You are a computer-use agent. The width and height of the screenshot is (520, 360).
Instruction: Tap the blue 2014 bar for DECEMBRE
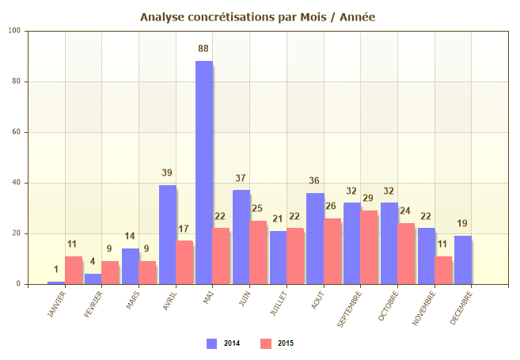tap(462, 260)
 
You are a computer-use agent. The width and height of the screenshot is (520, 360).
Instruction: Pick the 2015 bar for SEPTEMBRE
tap(368, 247)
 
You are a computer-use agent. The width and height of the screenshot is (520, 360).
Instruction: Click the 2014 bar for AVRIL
tap(167, 234)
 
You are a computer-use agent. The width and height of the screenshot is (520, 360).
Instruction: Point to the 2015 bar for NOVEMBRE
tap(443, 270)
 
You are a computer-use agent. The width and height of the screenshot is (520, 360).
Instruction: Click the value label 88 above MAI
tap(204, 49)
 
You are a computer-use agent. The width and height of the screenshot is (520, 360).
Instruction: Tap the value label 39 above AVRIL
tap(167, 173)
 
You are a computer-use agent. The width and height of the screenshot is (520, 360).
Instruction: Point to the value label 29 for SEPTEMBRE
tap(369, 199)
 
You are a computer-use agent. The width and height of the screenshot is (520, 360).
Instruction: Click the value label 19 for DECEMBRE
tap(462, 224)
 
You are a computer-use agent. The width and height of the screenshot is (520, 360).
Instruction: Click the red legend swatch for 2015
tap(267, 343)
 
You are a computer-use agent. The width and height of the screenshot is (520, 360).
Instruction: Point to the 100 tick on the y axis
tap(17, 31)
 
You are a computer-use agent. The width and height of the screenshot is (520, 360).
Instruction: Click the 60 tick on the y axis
tap(19, 132)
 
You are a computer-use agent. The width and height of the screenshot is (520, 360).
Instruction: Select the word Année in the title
tap(357, 17)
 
